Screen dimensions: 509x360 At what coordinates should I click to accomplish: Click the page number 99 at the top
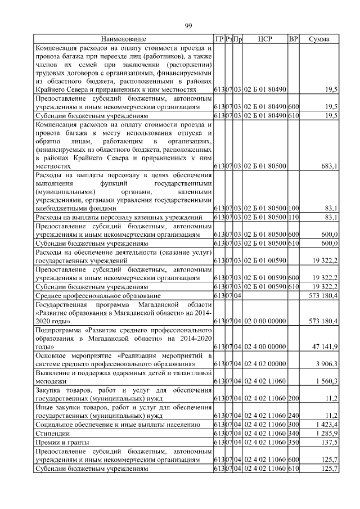click(188, 25)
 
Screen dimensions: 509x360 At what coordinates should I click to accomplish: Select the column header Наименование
click(124, 39)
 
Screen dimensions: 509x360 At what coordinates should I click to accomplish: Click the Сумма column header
click(319, 39)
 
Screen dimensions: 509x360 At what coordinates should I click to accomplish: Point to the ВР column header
click(292, 39)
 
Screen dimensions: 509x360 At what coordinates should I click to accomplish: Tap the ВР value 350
click(293, 443)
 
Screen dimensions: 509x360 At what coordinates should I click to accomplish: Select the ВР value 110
click(293, 217)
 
